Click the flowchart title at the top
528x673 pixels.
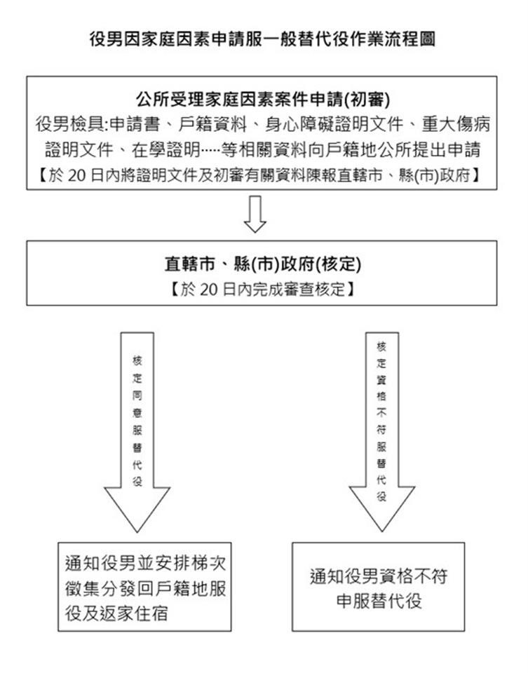pos(263,39)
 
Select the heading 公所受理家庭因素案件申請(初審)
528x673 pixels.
pos(263,100)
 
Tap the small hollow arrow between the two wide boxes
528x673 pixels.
pos(255,215)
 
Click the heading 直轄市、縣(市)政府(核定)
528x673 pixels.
pos(263,264)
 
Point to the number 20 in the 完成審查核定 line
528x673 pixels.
pos(209,290)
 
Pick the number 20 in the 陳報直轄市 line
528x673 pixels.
pos(77,176)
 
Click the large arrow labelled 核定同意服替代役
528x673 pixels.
pos(137,432)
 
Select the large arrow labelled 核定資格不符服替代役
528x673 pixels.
pos(381,431)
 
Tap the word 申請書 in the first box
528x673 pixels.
pos(135,125)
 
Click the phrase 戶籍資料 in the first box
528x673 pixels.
pos(212,125)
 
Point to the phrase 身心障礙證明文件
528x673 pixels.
pos(334,125)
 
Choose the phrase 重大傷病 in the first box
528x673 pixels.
pos(456,125)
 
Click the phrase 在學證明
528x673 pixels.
pos(165,150)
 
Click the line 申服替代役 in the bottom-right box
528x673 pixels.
pos(379,601)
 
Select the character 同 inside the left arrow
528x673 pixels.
pos(137,395)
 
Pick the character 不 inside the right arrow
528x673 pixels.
pos(381,412)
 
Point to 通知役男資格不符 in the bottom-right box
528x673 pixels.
pos(379,576)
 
